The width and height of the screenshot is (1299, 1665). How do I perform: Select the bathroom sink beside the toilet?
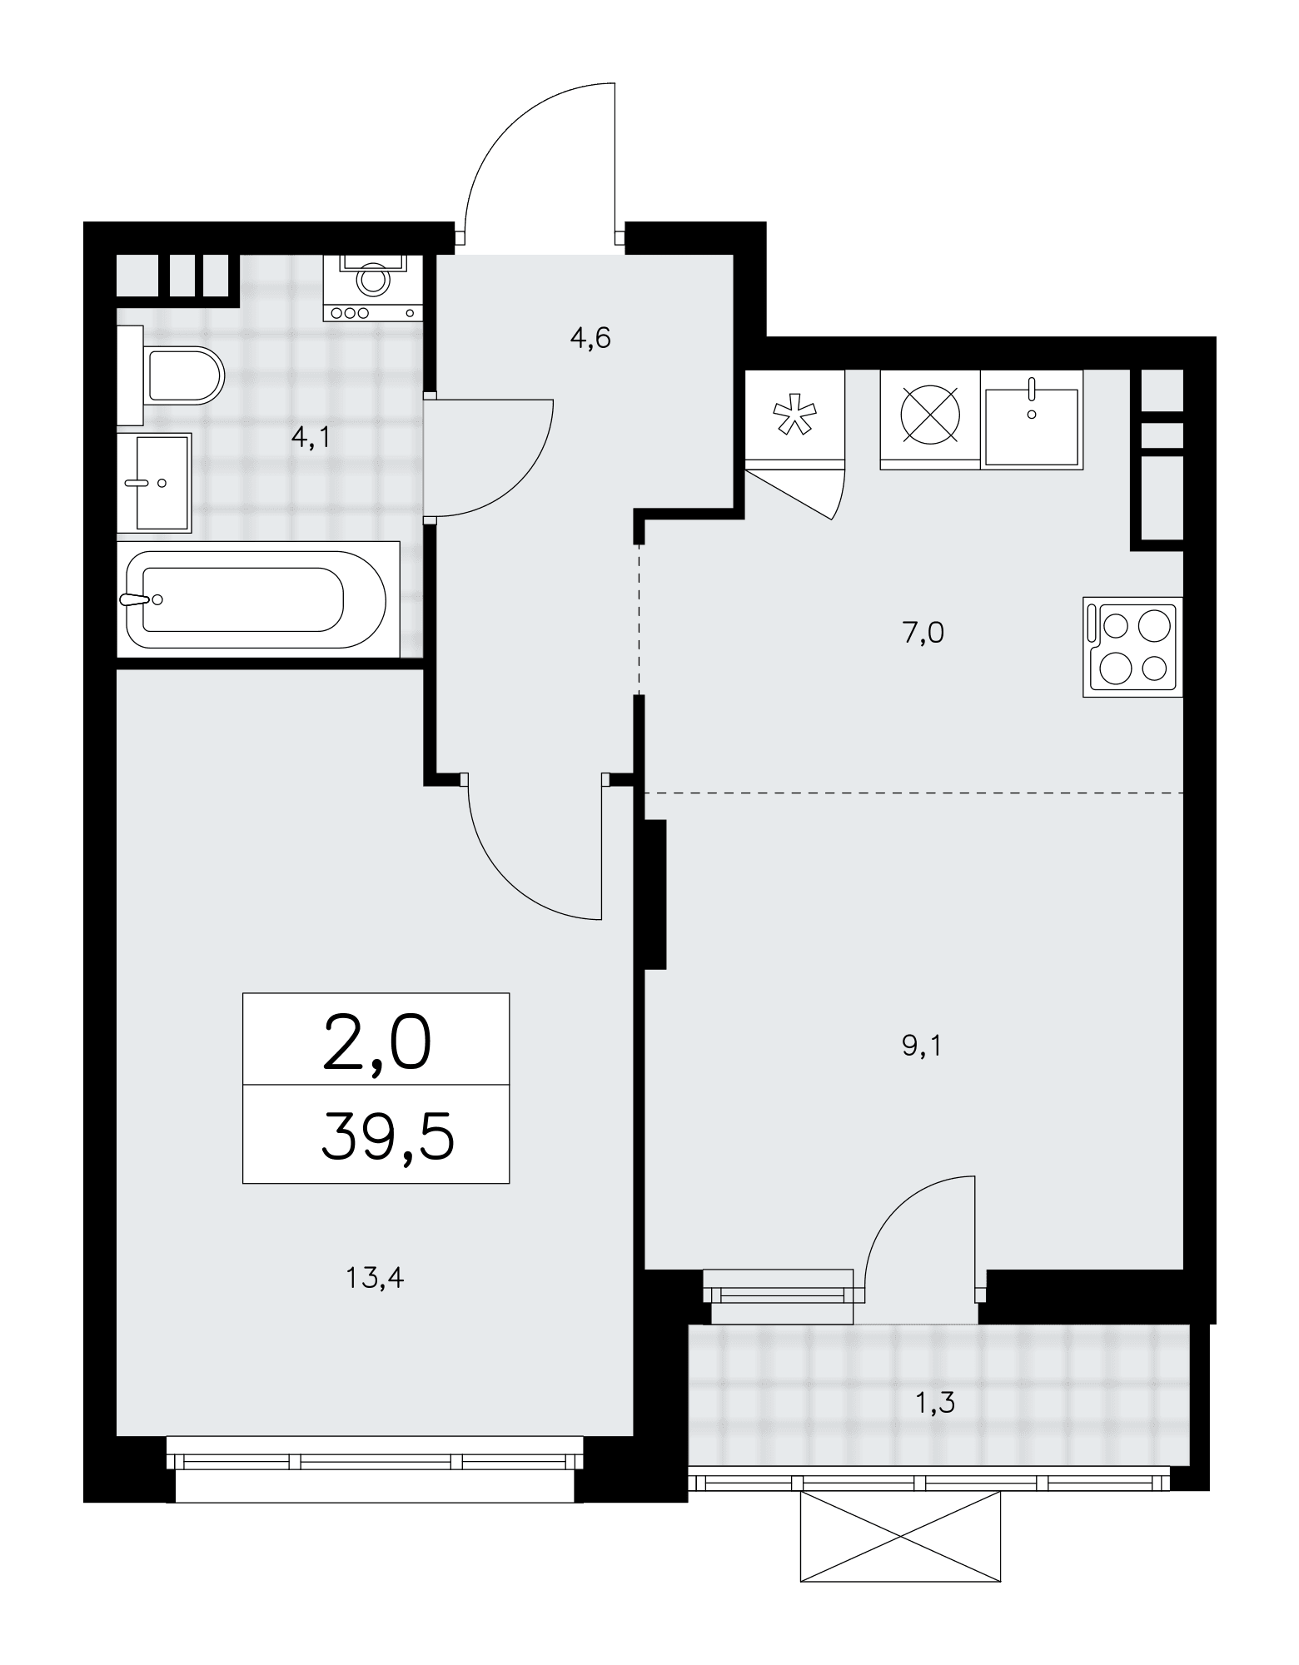click(155, 483)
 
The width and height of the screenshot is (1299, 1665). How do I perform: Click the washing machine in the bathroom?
click(373, 287)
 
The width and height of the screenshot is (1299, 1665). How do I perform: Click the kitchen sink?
click(1033, 418)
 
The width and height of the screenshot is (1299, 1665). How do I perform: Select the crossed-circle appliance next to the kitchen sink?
click(931, 418)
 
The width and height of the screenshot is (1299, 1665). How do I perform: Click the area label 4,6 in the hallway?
click(590, 339)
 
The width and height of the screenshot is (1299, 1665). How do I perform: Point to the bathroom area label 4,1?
click(310, 437)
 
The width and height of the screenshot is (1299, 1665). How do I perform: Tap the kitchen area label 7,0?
click(923, 634)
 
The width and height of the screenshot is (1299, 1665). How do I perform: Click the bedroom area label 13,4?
click(375, 1277)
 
